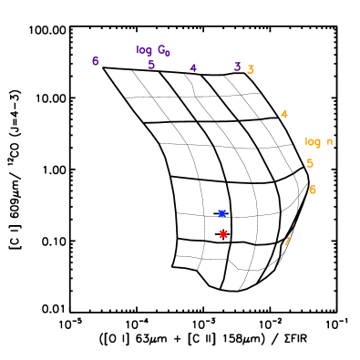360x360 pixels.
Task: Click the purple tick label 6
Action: click(95, 61)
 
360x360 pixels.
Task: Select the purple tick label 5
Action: click(151, 65)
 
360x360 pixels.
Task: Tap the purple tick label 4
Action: click(193, 68)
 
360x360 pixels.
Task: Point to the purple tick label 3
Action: click(237, 67)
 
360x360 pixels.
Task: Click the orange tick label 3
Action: click(251, 69)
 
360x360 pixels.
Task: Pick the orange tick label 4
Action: click(284, 114)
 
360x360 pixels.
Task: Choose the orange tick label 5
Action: click(310, 163)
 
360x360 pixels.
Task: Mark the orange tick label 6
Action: click(313, 190)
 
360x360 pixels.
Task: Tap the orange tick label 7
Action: click(287, 242)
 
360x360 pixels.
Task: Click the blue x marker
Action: click(221, 213)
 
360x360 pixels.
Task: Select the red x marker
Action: click(223, 234)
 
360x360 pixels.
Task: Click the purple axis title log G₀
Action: click(153, 50)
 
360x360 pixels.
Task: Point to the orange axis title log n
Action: click(319, 141)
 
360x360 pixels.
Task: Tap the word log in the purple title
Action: click(144, 50)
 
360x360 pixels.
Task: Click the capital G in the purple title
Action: click(161, 50)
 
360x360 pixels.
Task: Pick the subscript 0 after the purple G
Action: click(168, 53)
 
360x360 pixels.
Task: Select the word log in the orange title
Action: click(313, 141)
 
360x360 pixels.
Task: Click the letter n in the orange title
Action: click(330, 141)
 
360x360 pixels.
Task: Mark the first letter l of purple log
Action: click(138, 50)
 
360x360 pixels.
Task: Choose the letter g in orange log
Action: click(318, 142)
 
